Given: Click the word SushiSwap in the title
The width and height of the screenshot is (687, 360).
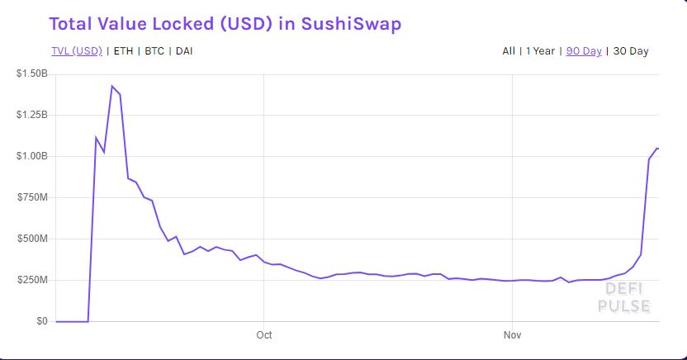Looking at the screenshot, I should [351, 23].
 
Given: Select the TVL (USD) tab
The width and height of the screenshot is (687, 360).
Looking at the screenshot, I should [77, 50].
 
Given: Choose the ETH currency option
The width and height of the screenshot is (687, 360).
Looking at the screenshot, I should [123, 50].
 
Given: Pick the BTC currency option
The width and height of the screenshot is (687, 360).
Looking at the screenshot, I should [154, 50].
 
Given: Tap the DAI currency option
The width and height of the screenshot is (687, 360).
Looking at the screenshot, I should [184, 50].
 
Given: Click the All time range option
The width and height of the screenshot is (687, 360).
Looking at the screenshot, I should [509, 50].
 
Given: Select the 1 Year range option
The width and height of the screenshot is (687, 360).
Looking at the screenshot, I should [540, 50].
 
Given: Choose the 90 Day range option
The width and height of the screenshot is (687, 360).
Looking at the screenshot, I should [584, 50].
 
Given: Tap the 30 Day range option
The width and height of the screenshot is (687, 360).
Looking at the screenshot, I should [631, 50].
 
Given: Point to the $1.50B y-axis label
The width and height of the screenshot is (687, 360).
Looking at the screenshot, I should [32, 73].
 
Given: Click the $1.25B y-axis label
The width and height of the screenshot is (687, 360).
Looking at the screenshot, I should [32, 115].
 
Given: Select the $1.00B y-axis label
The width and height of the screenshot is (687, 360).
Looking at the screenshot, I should [32, 156].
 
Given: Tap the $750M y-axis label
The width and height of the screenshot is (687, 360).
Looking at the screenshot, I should [34, 197].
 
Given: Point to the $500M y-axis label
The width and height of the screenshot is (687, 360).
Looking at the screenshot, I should [34, 239].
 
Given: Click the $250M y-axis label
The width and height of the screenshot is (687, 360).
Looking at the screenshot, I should [34, 280].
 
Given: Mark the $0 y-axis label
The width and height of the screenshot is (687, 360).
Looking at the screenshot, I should [40, 321].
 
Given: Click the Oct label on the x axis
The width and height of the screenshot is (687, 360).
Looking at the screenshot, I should [264, 335].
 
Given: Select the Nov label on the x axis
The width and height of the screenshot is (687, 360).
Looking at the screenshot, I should [513, 335].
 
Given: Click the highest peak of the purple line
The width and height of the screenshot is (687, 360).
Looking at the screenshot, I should [111, 86].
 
